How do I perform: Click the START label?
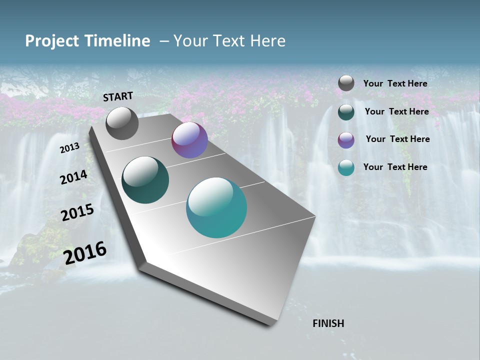[118, 96]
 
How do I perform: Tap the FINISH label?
[328, 323]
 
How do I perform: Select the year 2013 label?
[69, 148]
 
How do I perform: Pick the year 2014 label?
[73, 177]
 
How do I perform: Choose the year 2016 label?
[85, 252]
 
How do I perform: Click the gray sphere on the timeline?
[122, 123]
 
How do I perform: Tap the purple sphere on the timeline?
[189, 140]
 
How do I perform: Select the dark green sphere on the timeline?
[145, 180]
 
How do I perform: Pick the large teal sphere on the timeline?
[216, 207]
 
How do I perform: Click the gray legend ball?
[346, 83]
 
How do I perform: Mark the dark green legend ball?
[346, 112]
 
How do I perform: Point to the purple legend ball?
[346, 140]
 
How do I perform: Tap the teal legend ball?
[346, 168]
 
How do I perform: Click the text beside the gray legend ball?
[395, 83]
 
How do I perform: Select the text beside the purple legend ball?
[397, 139]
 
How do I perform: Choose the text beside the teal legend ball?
[395, 167]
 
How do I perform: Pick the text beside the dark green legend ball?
[396, 111]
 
